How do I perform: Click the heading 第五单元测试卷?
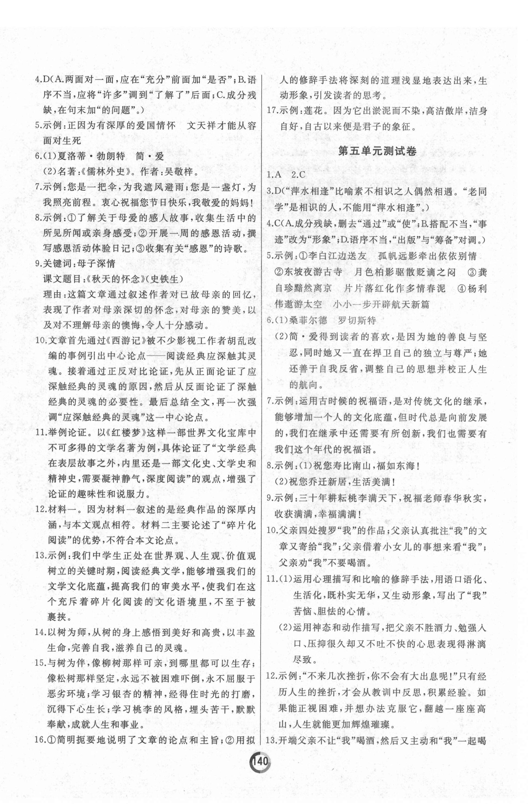[377, 151]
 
